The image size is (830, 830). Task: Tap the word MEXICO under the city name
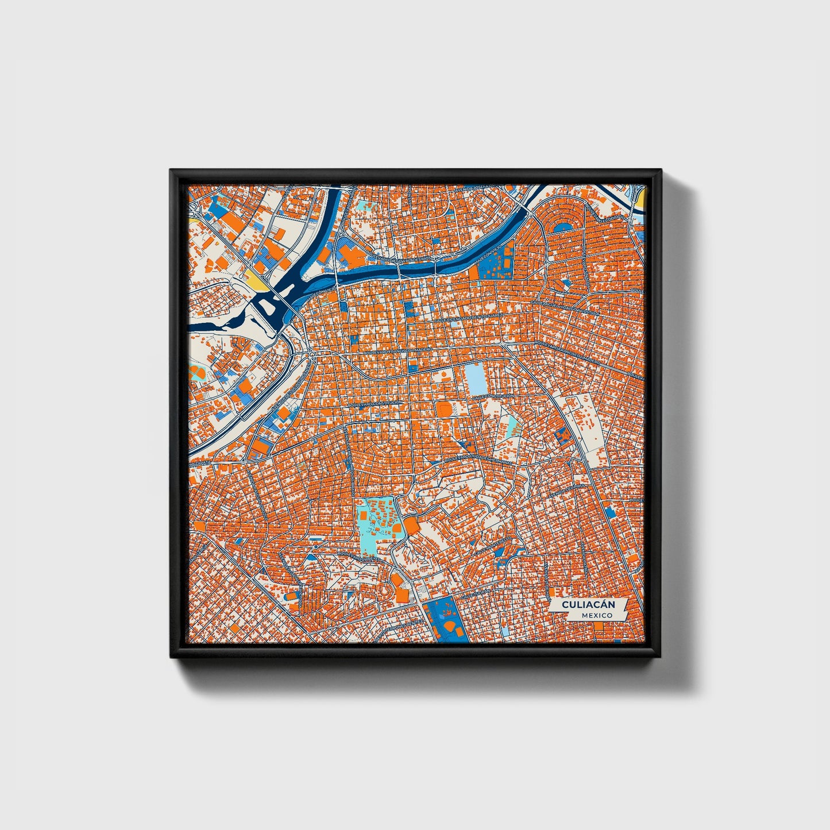click(596, 615)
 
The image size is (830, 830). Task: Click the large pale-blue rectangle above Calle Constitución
click(475, 379)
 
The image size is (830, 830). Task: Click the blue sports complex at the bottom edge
click(445, 620)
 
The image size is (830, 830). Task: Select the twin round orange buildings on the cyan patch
click(198, 372)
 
